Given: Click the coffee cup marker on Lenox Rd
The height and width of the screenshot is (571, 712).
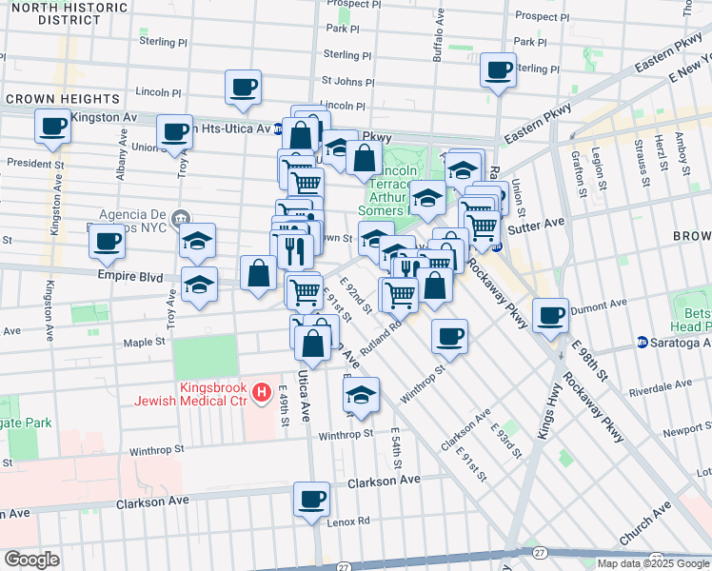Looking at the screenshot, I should (310, 499).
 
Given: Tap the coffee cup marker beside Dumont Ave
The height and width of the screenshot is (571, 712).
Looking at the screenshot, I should (549, 315).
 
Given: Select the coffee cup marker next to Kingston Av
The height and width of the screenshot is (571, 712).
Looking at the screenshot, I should (51, 126).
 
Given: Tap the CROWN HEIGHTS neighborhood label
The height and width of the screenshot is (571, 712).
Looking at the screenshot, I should (50, 99).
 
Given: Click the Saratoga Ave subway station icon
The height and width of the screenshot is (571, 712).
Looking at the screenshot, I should (643, 342).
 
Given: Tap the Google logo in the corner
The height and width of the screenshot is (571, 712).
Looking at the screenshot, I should (31, 559).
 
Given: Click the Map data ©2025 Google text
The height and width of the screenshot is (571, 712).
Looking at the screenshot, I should (653, 563).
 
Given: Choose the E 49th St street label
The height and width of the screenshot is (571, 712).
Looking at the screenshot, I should (285, 405).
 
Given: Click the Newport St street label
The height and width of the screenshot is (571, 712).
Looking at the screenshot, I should (686, 430).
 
